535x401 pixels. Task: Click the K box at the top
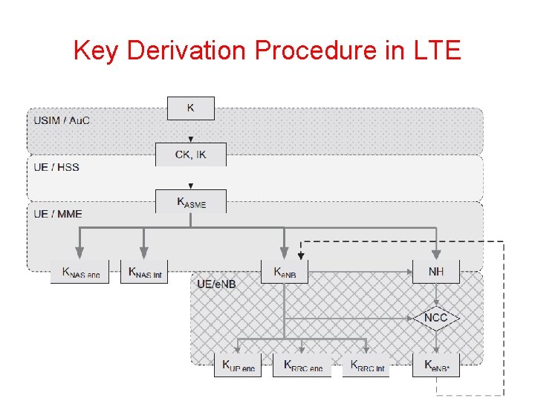click(x=191, y=108)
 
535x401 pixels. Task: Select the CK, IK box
click(x=191, y=154)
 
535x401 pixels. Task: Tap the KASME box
click(x=191, y=201)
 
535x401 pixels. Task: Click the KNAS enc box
click(x=80, y=272)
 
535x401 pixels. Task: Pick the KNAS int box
click(x=145, y=272)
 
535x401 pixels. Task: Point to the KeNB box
click(x=285, y=272)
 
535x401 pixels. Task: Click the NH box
click(x=436, y=272)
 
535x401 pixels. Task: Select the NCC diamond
click(x=436, y=318)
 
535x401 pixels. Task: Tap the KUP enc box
click(x=238, y=365)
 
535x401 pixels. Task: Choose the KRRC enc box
click(x=302, y=365)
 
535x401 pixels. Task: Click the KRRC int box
click(x=366, y=365)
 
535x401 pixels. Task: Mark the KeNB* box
click(x=436, y=365)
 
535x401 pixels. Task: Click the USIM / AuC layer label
click(x=62, y=120)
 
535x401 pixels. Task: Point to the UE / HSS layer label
click(x=56, y=167)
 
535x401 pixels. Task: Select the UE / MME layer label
click(x=58, y=214)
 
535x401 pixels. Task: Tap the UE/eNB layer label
click(x=216, y=284)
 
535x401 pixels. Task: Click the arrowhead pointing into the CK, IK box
click(x=191, y=139)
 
